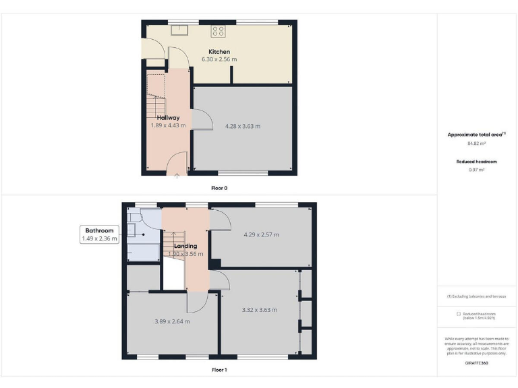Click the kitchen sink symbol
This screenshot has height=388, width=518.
pyautogui.click(x=180, y=30)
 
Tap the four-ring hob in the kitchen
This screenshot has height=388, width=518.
pyautogui.click(x=219, y=30)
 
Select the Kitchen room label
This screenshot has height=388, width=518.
pyautogui.click(x=219, y=52)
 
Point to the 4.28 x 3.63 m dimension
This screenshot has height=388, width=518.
pyautogui.click(x=243, y=126)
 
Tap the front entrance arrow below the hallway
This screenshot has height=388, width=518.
pyautogui.click(x=177, y=176)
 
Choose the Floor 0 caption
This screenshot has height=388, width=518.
pyautogui.click(x=219, y=188)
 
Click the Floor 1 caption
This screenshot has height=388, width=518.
pyautogui.click(x=219, y=370)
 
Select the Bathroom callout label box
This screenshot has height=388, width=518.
pyautogui.click(x=100, y=234)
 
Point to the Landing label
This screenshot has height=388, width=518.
pyautogui.click(x=185, y=246)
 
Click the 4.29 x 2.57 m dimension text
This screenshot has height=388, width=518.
pyautogui.click(x=261, y=234)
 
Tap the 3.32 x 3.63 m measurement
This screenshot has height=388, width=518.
pyautogui.click(x=260, y=310)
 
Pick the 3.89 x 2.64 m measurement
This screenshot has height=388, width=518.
pyautogui.click(x=172, y=321)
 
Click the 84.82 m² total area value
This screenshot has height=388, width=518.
pyautogui.click(x=477, y=143)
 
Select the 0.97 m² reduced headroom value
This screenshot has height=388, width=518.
pyautogui.click(x=477, y=170)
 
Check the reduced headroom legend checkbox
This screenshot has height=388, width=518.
pyautogui.click(x=459, y=314)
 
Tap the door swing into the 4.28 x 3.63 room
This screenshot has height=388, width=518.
pyautogui.click(x=200, y=120)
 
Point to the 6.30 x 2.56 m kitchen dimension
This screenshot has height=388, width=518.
pyautogui.click(x=219, y=59)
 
